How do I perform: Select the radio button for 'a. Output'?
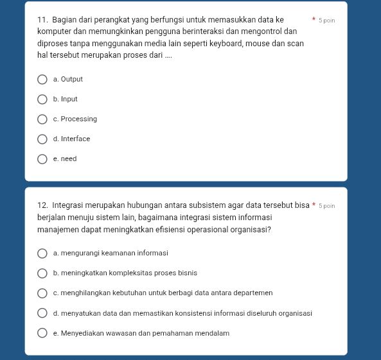pyautogui.click(x=42, y=80)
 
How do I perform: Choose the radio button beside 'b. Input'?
pyautogui.click(x=42, y=99)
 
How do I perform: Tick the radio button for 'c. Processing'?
pyautogui.click(x=42, y=119)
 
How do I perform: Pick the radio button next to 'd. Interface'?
pyautogui.click(x=42, y=139)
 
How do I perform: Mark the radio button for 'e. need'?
pyautogui.click(x=42, y=159)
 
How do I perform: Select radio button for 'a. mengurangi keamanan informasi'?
pyautogui.click(x=42, y=253)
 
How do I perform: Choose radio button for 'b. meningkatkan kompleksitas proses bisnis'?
pyautogui.click(x=42, y=273)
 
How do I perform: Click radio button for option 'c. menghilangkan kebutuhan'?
pyautogui.click(x=42, y=293)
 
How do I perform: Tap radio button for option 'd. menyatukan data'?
pyautogui.click(x=42, y=314)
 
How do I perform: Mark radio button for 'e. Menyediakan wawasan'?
pyautogui.click(x=42, y=334)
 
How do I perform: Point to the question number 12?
pyautogui.click(x=42, y=205)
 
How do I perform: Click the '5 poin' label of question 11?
pyautogui.click(x=328, y=21)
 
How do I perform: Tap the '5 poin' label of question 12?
pyautogui.click(x=328, y=206)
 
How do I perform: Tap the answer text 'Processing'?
pyautogui.click(x=79, y=119)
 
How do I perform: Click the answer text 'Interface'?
pyautogui.click(x=76, y=139)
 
